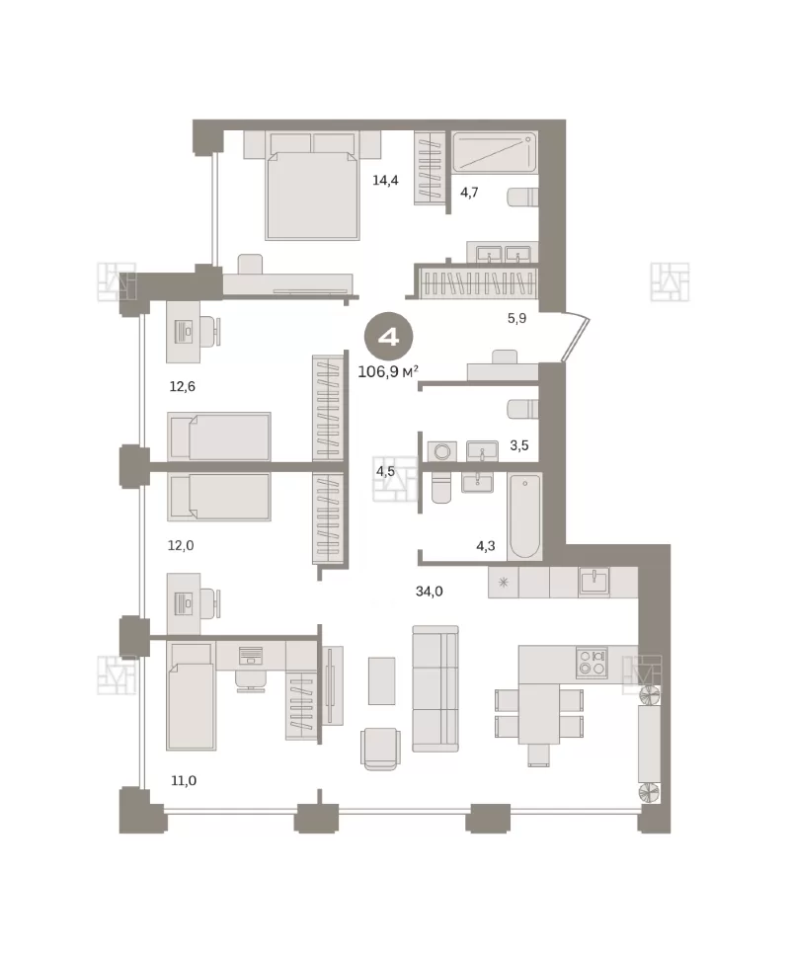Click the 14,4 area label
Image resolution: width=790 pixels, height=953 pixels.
click(385, 180)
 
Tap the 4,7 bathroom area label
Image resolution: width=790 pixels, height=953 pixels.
click(469, 193)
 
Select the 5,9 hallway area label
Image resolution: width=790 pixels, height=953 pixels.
click(516, 318)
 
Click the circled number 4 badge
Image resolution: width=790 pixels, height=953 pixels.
click(389, 337)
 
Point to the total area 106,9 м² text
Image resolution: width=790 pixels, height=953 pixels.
click(388, 371)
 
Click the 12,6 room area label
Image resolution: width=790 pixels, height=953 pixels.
click(183, 386)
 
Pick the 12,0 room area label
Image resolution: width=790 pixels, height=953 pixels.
click(181, 546)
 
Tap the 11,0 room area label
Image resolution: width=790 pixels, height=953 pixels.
click(184, 780)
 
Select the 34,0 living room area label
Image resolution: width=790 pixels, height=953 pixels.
click(429, 591)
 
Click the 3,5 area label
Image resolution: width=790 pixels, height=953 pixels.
click(519, 445)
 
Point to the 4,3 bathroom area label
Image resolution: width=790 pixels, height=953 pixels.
click(486, 546)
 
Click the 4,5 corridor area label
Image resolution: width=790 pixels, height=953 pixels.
click(385, 471)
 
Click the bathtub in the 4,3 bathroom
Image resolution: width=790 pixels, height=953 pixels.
click(525, 516)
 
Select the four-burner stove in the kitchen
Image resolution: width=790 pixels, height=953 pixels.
click(592, 663)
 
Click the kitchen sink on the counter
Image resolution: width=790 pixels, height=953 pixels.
click(593, 582)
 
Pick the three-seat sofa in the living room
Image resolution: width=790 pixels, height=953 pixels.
click(435, 688)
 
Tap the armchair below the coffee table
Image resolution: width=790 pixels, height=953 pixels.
click(380, 749)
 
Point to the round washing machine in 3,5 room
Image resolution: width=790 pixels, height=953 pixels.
click(442, 451)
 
